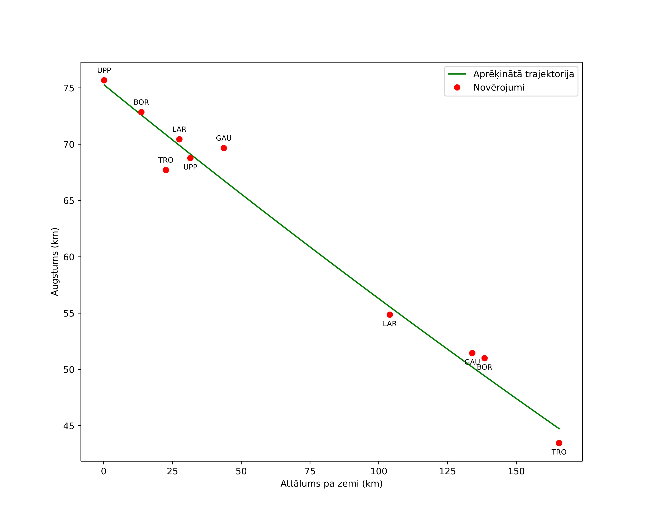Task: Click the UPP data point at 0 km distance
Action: point(104,80)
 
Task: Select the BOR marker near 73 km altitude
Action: point(141,112)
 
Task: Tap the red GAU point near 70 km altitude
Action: point(224,148)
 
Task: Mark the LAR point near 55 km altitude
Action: point(390,315)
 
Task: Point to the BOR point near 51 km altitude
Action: point(485,358)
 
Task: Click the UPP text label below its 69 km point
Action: point(190,167)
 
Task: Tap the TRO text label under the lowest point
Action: point(559,452)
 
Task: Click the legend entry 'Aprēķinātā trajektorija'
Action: point(524,74)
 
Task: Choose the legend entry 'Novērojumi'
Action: point(499,88)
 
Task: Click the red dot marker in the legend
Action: point(457,87)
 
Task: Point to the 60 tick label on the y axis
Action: point(69,257)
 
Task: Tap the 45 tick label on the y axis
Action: point(69,426)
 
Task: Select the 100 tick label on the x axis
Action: point(379,471)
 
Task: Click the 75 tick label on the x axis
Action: point(310,471)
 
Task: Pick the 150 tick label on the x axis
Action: point(516,471)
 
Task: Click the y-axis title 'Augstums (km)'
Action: point(55,261)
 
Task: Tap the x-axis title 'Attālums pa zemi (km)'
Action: point(332,484)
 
